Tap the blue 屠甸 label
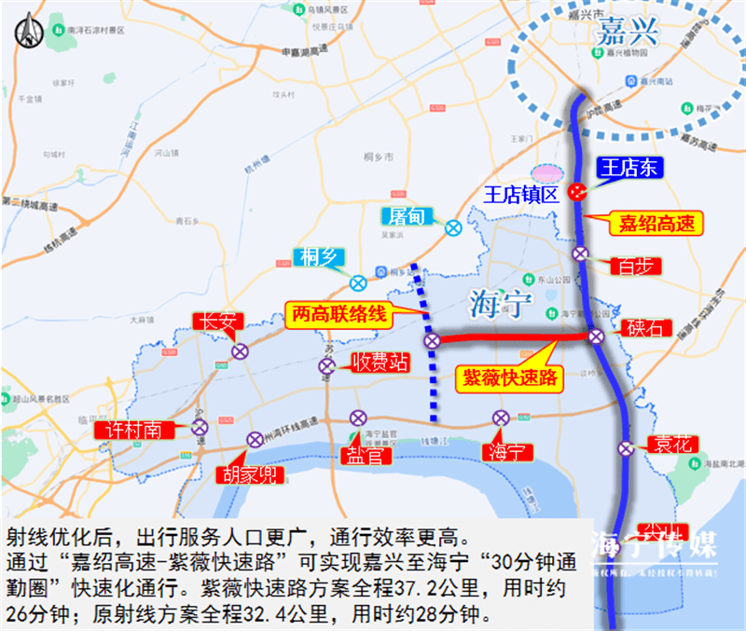tap(408, 216)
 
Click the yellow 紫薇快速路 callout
tap(508, 377)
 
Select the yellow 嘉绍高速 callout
tap(656, 223)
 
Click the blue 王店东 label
tap(628, 169)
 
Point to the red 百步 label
tap(634, 265)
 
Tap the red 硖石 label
tap(644, 328)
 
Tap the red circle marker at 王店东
tap(578, 192)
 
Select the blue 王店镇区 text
tap(521, 195)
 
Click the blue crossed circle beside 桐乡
tap(358, 282)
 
